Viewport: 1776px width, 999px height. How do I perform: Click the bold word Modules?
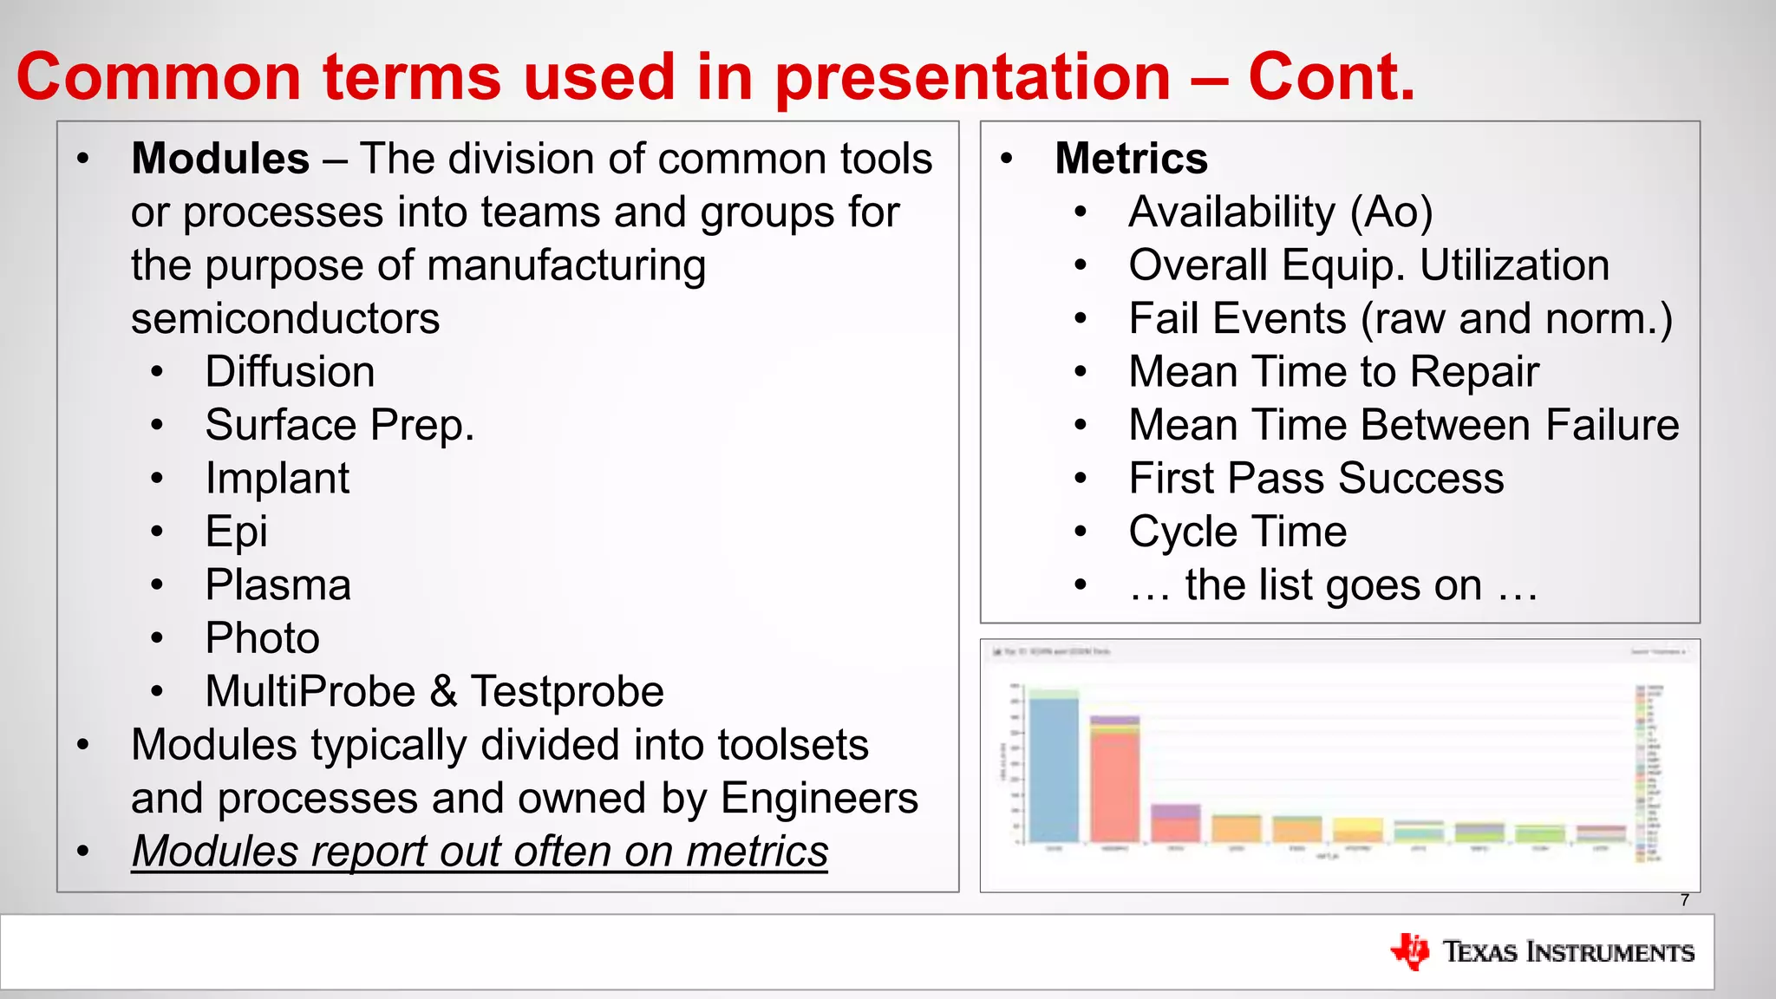click(x=220, y=159)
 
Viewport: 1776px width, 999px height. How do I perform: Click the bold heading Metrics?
click(x=1131, y=159)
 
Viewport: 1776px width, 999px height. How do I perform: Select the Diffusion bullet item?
click(x=290, y=372)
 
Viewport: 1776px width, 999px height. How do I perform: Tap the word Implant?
click(x=277, y=479)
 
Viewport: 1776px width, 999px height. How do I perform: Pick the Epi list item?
click(x=236, y=532)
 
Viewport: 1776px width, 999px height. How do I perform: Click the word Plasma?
click(x=277, y=585)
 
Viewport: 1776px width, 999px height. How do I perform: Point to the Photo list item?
click(x=262, y=639)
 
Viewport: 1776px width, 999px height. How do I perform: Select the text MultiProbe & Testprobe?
click(x=434, y=692)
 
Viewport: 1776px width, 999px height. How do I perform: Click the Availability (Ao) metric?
click(x=1280, y=212)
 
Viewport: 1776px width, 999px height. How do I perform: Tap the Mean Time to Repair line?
click(x=1333, y=372)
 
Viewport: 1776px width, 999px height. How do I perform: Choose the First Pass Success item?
click(x=1316, y=479)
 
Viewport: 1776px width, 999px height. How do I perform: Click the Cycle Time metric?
click(x=1237, y=532)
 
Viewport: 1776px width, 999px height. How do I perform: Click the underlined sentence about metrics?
click(x=480, y=852)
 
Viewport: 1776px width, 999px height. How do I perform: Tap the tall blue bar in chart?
click(x=1053, y=767)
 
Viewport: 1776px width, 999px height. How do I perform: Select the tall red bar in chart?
click(x=1114, y=785)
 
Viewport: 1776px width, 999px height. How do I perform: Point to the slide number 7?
click(x=1684, y=900)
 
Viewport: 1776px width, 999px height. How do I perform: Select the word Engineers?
click(x=819, y=798)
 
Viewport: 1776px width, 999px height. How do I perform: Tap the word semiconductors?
click(x=285, y=319)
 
